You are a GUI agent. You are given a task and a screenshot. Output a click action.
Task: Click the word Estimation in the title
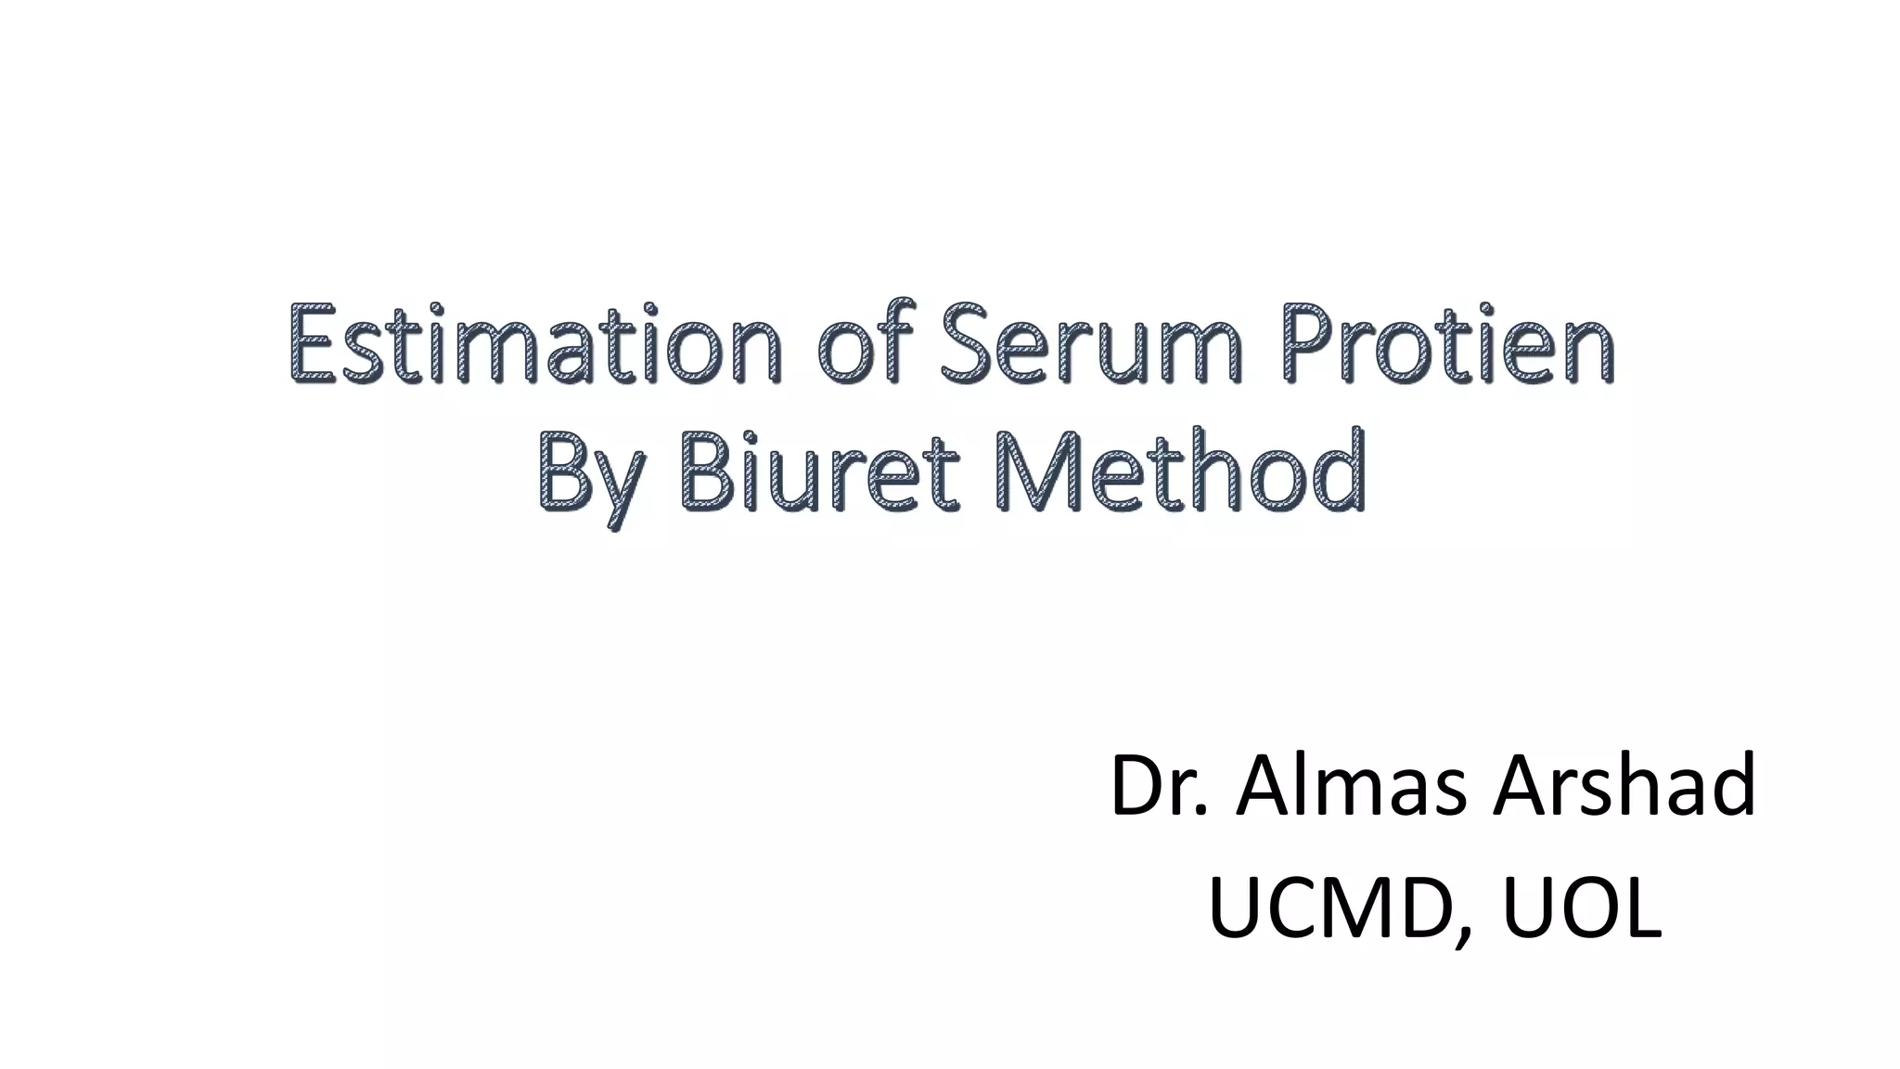click(534, 344)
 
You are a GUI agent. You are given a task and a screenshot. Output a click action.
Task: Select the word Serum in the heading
click(1088, 344)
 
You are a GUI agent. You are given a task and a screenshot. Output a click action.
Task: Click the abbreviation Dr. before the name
click(1160, 787)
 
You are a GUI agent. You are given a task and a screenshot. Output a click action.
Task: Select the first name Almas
click(1351, 787)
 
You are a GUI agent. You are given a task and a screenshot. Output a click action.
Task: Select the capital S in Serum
click(968, 344)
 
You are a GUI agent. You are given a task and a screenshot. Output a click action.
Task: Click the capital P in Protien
click(1310, 344)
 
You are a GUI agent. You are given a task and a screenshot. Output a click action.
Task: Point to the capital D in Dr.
click(1139, 787)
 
